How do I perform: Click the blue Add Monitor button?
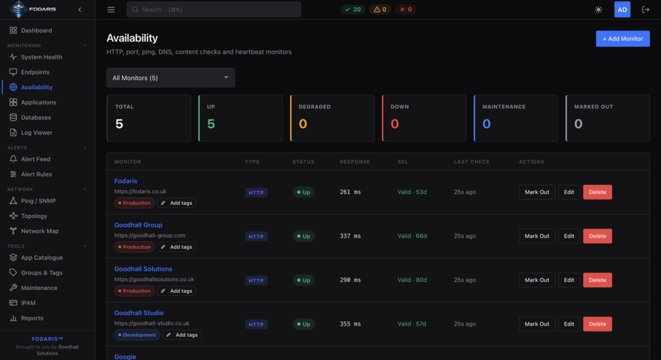(623, 39)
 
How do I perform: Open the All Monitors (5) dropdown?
(171, 78)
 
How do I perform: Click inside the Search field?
(214, 9)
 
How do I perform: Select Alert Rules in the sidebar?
(36, 174)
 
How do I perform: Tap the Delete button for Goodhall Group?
(598, 236)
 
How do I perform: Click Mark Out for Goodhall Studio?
(537, 324)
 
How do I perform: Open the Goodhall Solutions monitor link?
(143, 269)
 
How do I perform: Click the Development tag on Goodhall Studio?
(137, 335)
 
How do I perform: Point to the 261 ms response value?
(350, 192)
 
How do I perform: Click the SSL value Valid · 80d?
(412, 280)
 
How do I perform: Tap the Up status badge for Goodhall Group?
(303, 236)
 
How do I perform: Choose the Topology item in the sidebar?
(34, 216)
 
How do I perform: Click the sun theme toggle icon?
(599, 10)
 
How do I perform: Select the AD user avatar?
(622, 10)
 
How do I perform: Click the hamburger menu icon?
(111, 10)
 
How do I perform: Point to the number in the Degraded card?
(303, 124)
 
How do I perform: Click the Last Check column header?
(472, 162)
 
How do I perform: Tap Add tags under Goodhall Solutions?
(176, 291)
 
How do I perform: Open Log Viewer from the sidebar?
(36, 133)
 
